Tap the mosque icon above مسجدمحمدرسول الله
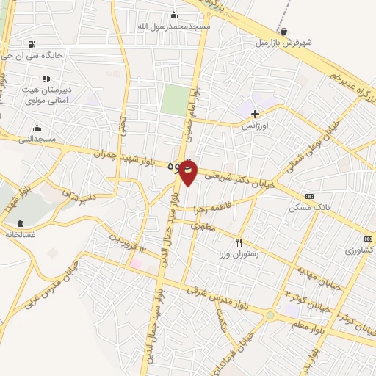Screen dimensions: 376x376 point(174,15)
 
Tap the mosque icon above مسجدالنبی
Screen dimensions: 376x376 point(36,129)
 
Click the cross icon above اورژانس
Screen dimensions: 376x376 point(256,114)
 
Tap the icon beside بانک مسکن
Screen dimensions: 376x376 point(309,197)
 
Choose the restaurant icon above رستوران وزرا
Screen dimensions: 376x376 point(239,242)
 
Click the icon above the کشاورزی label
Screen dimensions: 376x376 point(367,239)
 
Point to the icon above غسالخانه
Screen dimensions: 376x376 point(18,223)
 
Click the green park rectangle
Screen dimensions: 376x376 point(175,99)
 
